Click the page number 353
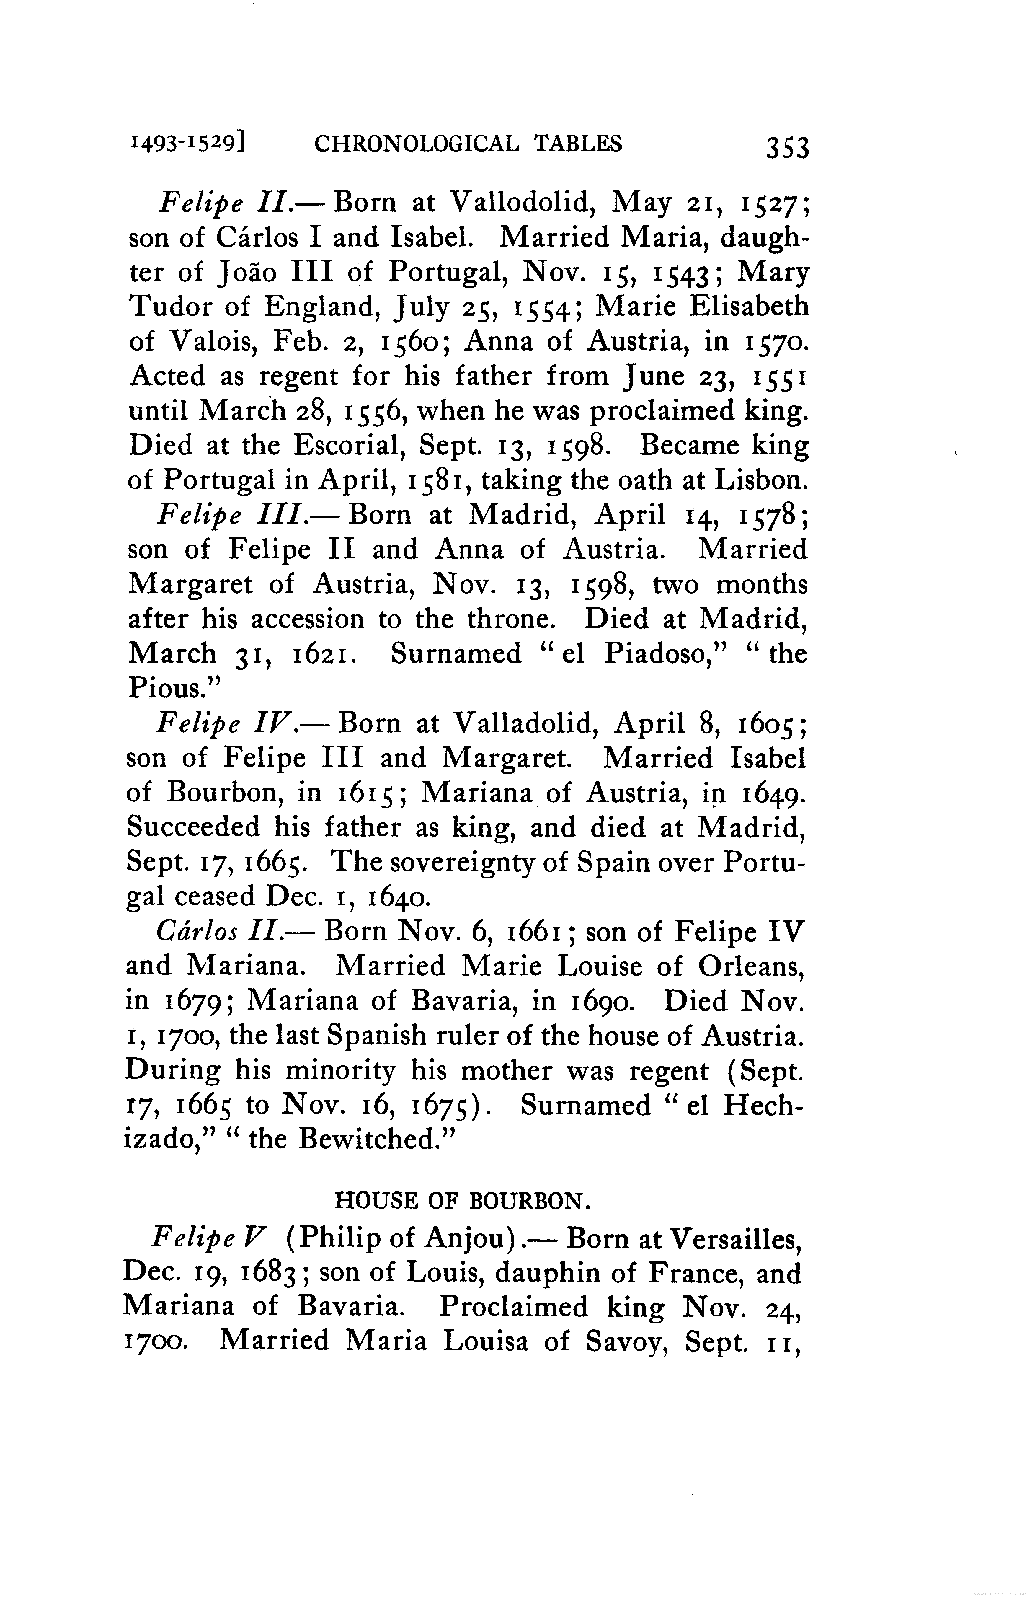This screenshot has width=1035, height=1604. point(788,146)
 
